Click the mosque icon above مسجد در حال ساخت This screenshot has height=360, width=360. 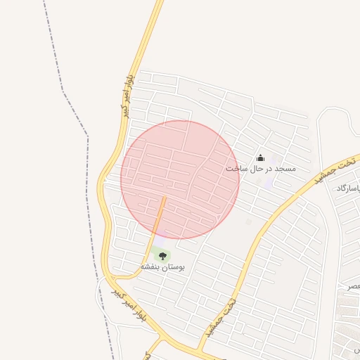click(x=260, y=158)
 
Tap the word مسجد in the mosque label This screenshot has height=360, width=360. click(x=285, y=169)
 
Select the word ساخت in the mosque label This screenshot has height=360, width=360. click(x=238, y=169)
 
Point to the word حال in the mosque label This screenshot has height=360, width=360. click(x=257, y=169)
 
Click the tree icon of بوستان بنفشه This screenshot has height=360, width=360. click(x=163, y=257)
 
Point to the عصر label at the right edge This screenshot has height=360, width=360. click(x=353, y=287)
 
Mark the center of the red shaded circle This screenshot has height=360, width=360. click(x=180, y=180)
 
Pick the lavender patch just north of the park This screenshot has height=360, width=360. click(x=161, y=239)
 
